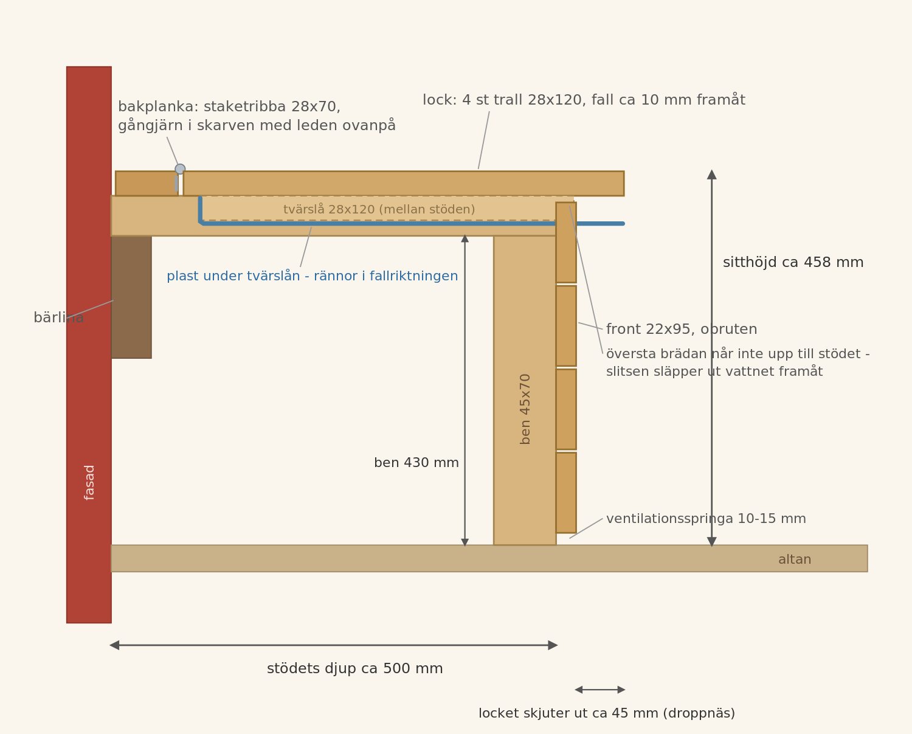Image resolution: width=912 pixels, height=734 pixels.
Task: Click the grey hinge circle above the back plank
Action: pyautogui.click(x=180, y=169)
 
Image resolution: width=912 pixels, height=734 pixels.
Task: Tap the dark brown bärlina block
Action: pyautogui.click(x=131, y=297)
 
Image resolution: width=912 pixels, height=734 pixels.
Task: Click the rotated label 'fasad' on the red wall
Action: pyautogui.click(x=89, y=483)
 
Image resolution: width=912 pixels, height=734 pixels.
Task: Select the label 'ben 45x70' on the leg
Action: pyautogui.click(x=525, y=409)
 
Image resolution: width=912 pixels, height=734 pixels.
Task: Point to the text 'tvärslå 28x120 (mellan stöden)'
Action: pyautogui.click(x=379, y=209)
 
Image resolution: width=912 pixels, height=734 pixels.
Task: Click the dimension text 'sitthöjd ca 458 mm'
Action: pyautogui.click(x=793, y=262)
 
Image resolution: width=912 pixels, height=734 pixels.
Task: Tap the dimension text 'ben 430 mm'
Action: pyautogui.click(x=416, y=463)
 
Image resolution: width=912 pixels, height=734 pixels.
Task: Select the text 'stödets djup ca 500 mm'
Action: pyautogui.click(x=354, y=669)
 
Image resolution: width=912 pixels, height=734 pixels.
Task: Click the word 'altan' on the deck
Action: pyautogui.click(x=795, y=559)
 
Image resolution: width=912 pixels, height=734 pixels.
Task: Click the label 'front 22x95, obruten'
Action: pyautogui.click(x=682, y=329)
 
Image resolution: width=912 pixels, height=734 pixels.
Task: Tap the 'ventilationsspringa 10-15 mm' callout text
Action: pyautogui.click(x=706, y=519)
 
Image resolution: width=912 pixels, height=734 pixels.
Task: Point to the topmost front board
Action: pyautogui.click(x=566, y=243)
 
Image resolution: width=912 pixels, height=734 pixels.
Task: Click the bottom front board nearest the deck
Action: pyautogui.click(x=566, y=493)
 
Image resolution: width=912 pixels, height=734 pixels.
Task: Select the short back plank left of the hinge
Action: pyautogui.click(x=147, y=184)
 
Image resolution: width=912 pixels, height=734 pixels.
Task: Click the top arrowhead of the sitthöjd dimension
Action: pyautogui.click(x=712, y=175)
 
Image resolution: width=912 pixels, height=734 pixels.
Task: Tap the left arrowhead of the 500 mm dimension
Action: pyautogui.click(x=114, y=645)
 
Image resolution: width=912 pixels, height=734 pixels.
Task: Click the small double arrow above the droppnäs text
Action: pyautogui.click(x=600, y=690)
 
